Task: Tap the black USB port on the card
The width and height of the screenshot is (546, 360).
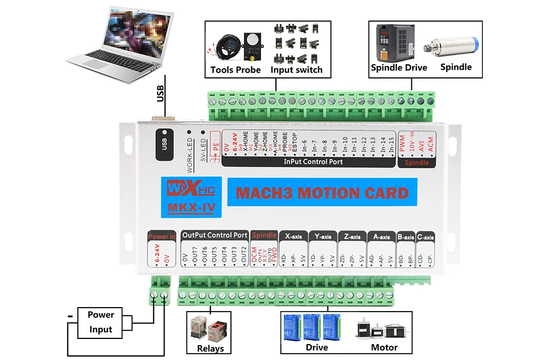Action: (164, 145)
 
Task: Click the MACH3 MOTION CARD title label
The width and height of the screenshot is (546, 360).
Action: (322, 193)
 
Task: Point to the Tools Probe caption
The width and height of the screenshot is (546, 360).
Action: (235, 70)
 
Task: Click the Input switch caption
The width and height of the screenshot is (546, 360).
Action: (296, 70)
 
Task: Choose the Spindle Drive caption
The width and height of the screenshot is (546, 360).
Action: (399, 67)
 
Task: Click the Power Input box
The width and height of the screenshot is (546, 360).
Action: (101, 322)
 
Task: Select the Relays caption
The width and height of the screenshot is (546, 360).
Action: (210, 348)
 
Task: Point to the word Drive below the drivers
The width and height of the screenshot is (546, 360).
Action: (317, 347)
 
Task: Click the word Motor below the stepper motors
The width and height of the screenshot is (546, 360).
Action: (384, 347)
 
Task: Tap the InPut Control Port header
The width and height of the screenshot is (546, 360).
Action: (313, 162)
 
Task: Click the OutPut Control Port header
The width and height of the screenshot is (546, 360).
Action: (214, 235)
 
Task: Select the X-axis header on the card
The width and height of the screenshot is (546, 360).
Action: (293, 236)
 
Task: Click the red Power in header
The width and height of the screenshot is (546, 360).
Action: (162, 236)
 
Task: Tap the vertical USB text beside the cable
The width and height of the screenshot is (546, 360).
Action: (160, 94)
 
